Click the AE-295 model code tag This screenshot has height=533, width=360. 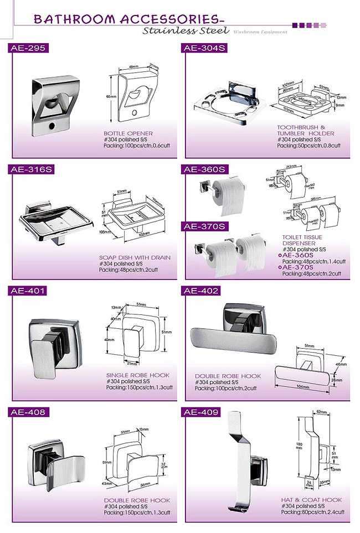click(28, 48)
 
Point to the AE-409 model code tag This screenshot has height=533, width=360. click(202, 412)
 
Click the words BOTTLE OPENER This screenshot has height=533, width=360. click(128, 133)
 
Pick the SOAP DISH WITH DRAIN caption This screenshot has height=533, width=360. click(135, 257)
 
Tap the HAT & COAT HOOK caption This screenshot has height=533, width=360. click(311, 500)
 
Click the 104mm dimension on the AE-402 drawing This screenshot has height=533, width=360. click(303, 386)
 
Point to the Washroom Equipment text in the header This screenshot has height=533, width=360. click(260, 32)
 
